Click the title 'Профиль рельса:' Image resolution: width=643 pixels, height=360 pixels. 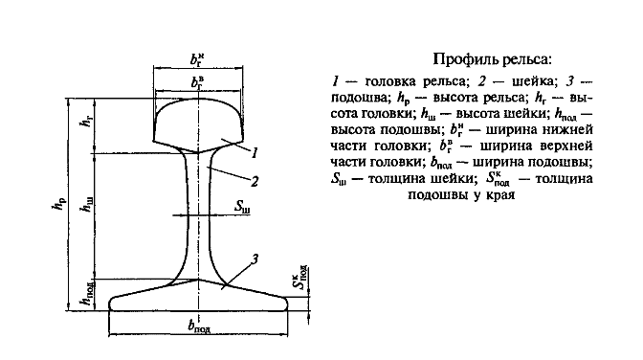pos(493,60)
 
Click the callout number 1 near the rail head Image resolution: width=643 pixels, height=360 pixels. pos(255,153)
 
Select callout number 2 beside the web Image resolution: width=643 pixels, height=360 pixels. pos(255,181)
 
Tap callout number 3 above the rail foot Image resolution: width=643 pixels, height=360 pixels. pos(255,259)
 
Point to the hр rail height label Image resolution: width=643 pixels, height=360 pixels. pos(58,204)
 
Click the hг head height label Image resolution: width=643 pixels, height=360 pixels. pos(88,121)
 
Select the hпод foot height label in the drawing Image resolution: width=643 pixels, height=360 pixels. pos(88,294)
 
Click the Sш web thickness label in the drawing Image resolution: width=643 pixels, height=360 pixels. pos(242,207)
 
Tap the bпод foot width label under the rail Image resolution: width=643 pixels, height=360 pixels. pos(200,326)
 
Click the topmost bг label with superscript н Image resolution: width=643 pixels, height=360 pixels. pos(197,59)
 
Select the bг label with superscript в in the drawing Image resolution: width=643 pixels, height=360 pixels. pos(197,82)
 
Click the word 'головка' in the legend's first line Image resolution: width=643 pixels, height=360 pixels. pos(393,81)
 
